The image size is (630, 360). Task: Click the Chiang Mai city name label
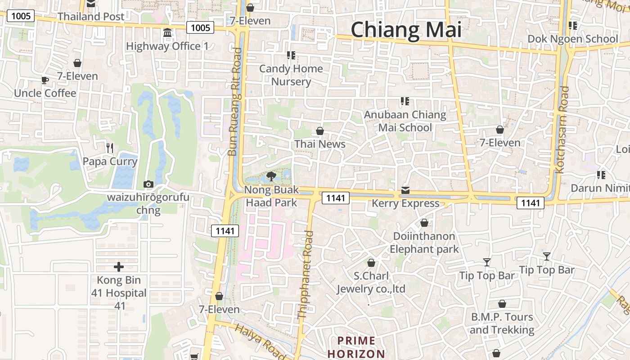(x=406, y=30)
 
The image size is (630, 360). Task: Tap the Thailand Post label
(x=91, y=17)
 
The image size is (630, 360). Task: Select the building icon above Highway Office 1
(x=167, y=33)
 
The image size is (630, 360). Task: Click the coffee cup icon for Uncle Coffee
(x=45, y=81)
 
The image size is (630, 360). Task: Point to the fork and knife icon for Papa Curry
(x=109, y=147)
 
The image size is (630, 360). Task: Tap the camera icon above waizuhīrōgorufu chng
(x=148, y=184)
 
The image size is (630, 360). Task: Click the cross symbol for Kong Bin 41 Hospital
(x=119, y=267)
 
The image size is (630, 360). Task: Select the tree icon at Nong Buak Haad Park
(x=271, y=176)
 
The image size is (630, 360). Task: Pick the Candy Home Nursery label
(x=291, y=75)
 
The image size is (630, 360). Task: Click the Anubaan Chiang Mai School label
(x=405, y=121)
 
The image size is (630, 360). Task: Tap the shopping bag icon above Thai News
(x=319, y=131)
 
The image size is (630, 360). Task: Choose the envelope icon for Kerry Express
(x=405, y=190)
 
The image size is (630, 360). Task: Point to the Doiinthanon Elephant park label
(x=424, y=243)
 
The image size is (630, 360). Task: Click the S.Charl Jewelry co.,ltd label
(x=371, y=282)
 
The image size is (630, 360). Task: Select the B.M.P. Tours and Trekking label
(x=502, y=323)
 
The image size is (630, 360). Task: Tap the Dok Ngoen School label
(x=572, y=39)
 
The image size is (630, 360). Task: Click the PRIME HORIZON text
(x=356, y=347)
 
